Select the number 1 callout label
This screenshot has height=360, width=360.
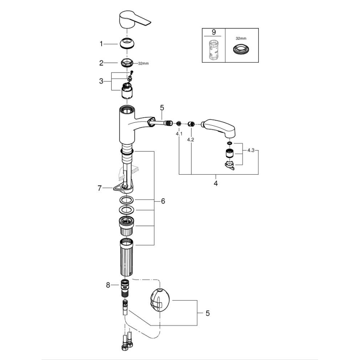pos(101,43)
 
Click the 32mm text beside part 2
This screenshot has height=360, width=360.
pos(143,63)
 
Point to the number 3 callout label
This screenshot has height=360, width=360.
pos(101,81)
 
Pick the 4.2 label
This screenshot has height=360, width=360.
pos(191,140)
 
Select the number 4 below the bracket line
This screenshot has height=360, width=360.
pos(216,182)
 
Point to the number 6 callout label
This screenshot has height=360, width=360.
pos(163,201)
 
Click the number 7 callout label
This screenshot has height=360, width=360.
pos(99,188)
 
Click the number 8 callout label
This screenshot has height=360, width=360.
pos(109,285)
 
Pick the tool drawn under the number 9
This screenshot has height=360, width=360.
pos(213,51)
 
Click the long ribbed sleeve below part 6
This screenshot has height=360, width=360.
pos(126,258)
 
